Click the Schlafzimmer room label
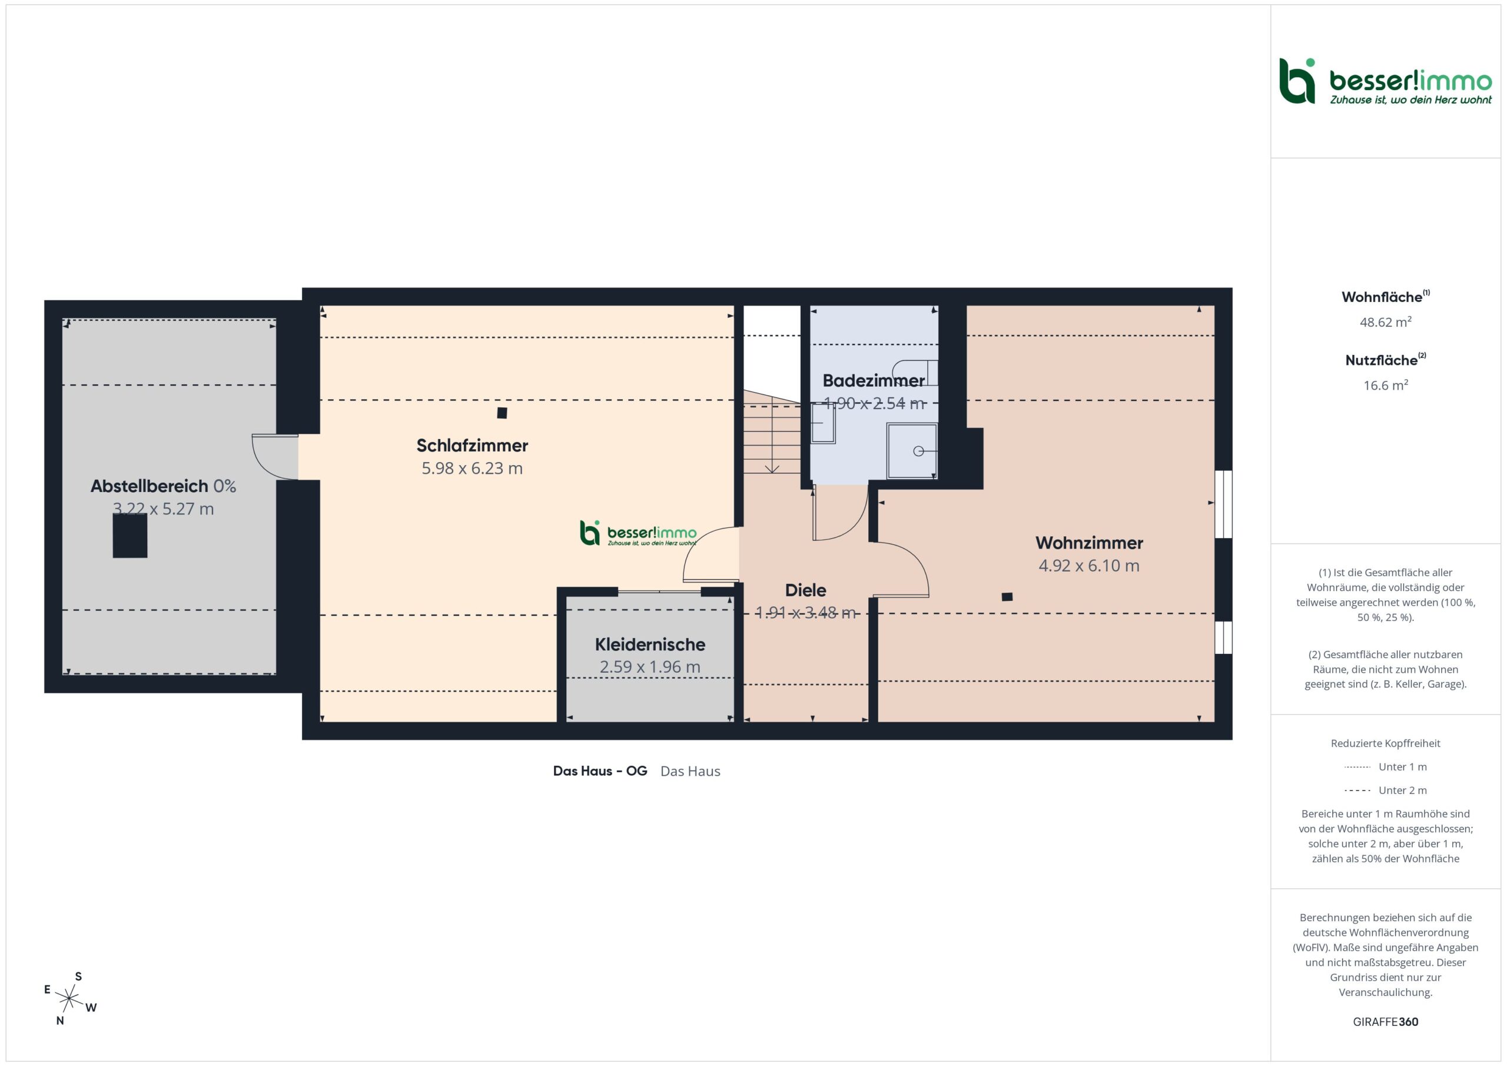[x=472, y=446]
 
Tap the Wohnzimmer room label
[x=1089, y=543]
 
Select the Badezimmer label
[x=873, y=381]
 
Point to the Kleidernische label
[x=650, y=645]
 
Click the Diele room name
[x=805, y=590]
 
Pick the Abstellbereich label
[x=149, y=486]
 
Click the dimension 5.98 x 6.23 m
[x=472, y=469]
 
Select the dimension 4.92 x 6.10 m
[x=1089, y=566]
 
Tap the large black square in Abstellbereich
[x=130, y=536]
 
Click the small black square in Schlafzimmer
[x=502, y=413]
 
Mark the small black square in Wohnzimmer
[x=1007, y=597]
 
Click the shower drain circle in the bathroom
[x=918, y=451]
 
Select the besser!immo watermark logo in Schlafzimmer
[x=638, y=533]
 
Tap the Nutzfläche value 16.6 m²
[x=1386, y=386]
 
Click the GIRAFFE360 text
[x=1386, y=1022]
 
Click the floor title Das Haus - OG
[x=600, y=771]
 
